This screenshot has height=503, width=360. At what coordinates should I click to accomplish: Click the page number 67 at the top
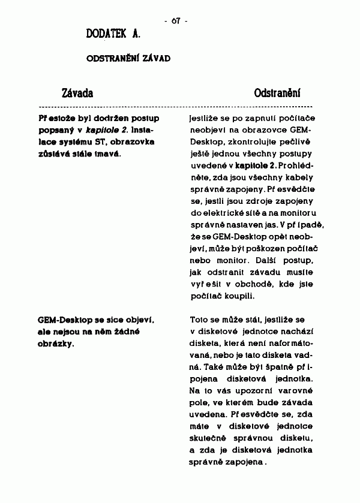[176, 21]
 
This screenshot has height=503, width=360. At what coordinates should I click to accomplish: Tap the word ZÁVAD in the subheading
[157, 59]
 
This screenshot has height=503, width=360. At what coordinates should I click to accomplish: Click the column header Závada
[78, 94]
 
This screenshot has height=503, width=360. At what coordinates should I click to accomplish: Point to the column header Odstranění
[277, 94]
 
